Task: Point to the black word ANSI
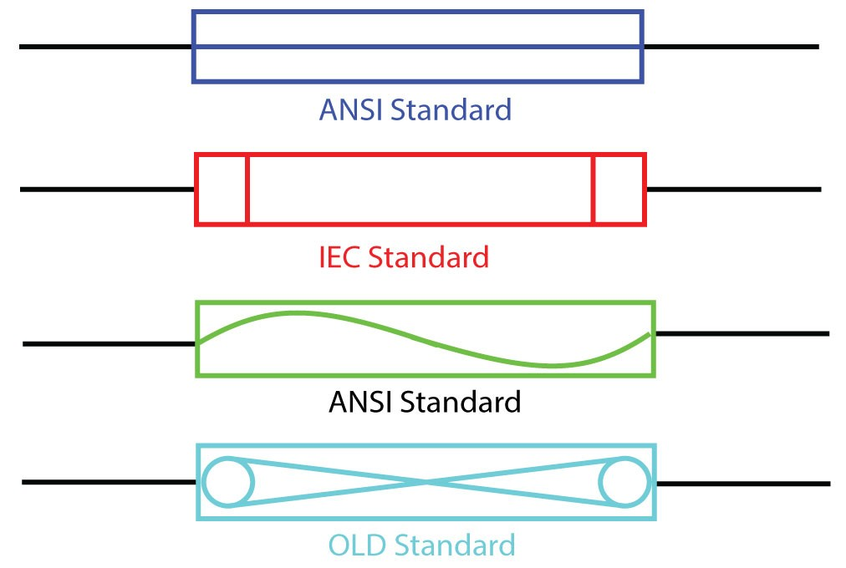coord(361,403)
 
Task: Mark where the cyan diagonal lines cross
coord(427,483)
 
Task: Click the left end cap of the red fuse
coord(222,189)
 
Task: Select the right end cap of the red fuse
coord(619,189)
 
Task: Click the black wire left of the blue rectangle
coord(105,47)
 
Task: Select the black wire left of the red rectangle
coord(107,190)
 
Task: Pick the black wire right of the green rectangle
coord(742,334)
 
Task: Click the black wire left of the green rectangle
coord(110,343)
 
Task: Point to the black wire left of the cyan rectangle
coord(110,482)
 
